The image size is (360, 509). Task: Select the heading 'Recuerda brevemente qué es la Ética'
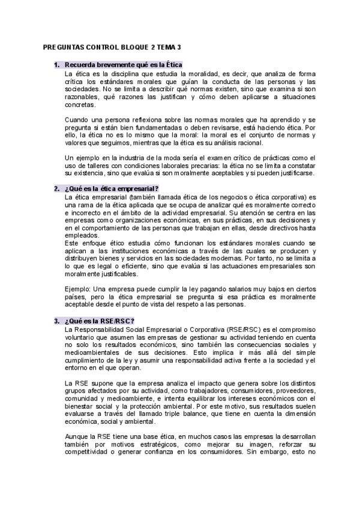pyautogui.click(x=123, y=64)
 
